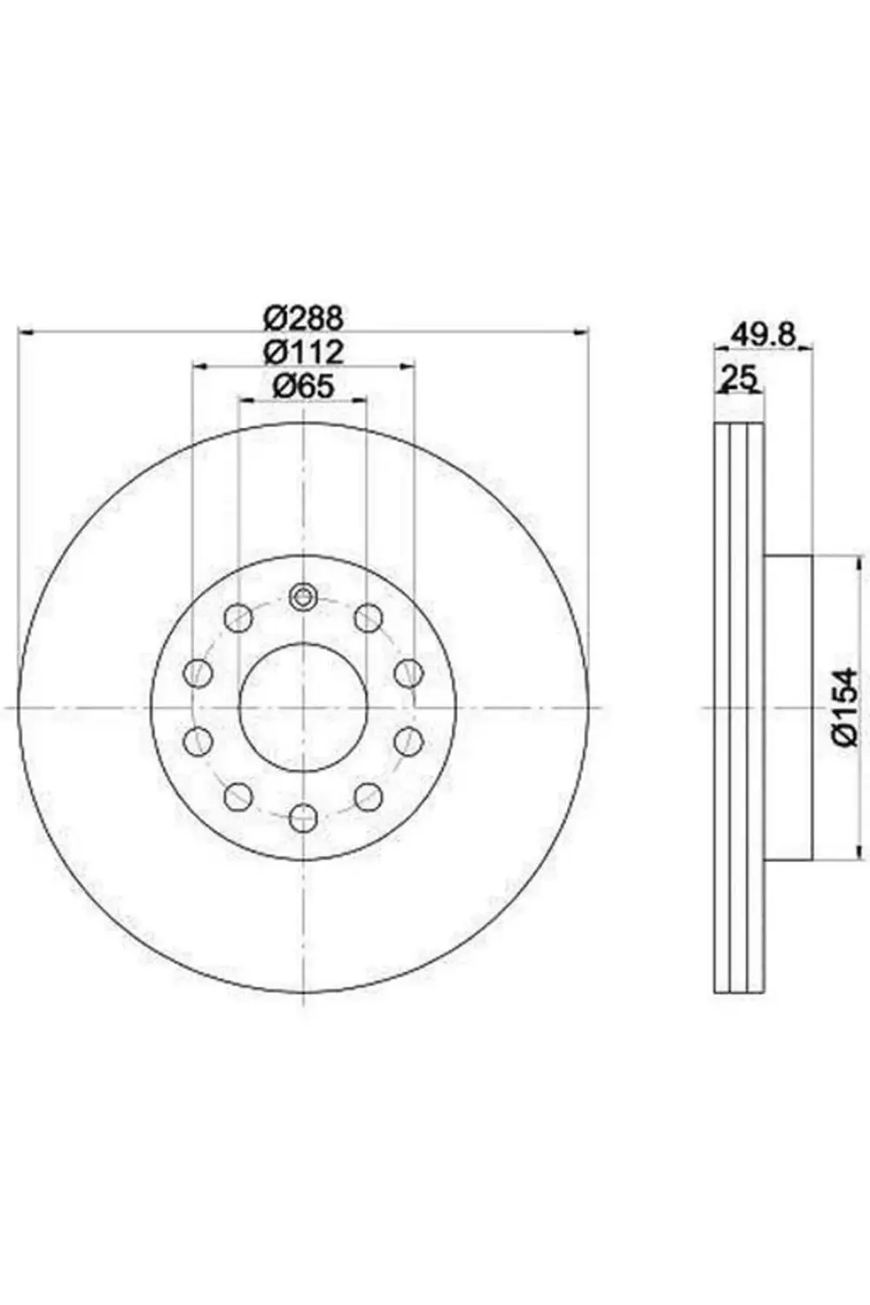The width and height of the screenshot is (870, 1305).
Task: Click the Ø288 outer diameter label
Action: [304, 318]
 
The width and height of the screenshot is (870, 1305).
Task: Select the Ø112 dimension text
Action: [304, 351]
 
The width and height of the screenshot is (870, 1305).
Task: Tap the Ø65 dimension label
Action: [304, 386]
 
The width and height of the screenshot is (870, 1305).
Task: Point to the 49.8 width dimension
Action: [764, 335]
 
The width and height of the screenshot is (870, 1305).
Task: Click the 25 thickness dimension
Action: [739, 378]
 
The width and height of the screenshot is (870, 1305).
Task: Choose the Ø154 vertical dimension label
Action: [846, 706]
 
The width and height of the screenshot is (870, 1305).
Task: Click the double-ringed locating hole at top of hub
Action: [303, 596]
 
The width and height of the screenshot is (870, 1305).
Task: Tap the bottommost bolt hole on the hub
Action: [304, 818]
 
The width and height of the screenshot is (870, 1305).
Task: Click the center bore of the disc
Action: [304, 706]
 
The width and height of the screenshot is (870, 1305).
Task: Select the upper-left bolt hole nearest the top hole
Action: [238, 617]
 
